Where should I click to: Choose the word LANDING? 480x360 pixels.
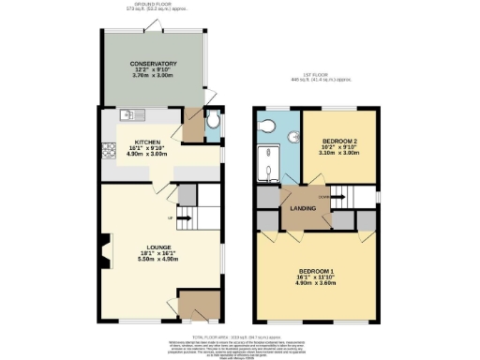pyautogui.click(x=303, y=208)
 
